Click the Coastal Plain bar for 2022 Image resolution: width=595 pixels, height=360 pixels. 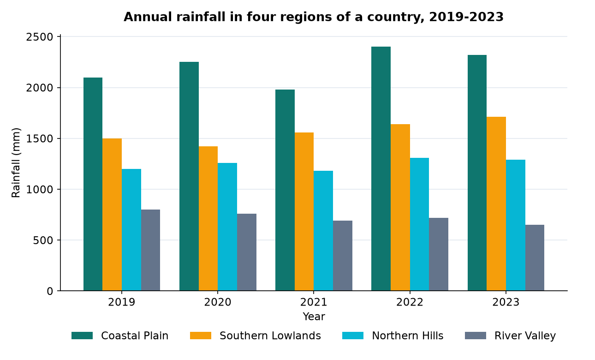381,168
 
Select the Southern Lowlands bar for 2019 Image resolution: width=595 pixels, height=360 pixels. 112,215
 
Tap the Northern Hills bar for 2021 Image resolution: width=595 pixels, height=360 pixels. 323,230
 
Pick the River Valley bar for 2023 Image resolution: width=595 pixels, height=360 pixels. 535,258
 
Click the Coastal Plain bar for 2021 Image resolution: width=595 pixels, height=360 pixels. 285,190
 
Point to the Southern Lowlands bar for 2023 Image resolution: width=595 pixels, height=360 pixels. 496,204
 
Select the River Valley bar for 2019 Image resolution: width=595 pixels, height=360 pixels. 151,250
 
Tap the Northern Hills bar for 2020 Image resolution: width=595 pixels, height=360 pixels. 227,227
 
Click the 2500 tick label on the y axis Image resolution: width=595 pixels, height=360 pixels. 40,37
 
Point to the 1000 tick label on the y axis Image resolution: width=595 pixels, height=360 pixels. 40,190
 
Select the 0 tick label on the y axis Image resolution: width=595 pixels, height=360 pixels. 50,291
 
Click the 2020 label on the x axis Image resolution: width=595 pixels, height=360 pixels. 218,302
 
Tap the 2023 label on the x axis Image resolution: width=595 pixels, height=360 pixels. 506,302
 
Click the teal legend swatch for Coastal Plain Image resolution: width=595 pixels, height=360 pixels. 82,336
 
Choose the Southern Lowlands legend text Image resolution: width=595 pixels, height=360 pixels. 270,336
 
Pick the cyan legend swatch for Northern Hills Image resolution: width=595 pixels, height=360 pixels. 353,336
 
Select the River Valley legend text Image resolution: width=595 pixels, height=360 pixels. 525,336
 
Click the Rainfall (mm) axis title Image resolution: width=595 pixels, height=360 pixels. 16,163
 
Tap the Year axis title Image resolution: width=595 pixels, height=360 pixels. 314,317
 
